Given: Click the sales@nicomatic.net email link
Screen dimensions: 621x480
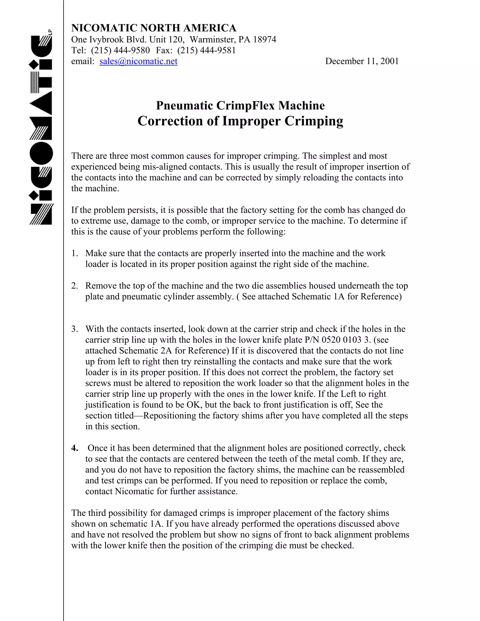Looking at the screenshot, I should [138, 61].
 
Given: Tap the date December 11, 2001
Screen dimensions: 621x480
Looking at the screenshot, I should [362, 61].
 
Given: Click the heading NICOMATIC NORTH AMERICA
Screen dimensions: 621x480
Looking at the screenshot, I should [154, 28].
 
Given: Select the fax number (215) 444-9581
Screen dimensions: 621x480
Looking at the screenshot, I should [206, 50].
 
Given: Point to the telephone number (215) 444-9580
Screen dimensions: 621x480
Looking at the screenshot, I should [120, 50].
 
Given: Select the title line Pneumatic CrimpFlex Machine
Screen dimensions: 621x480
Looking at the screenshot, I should [240, 105].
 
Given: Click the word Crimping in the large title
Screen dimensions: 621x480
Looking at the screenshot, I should [314, 121].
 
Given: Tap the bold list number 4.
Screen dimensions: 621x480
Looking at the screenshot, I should [75, 448].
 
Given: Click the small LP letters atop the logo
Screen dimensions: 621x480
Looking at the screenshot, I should [50, 32].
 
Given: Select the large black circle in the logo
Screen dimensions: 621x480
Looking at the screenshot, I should [41, 153].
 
